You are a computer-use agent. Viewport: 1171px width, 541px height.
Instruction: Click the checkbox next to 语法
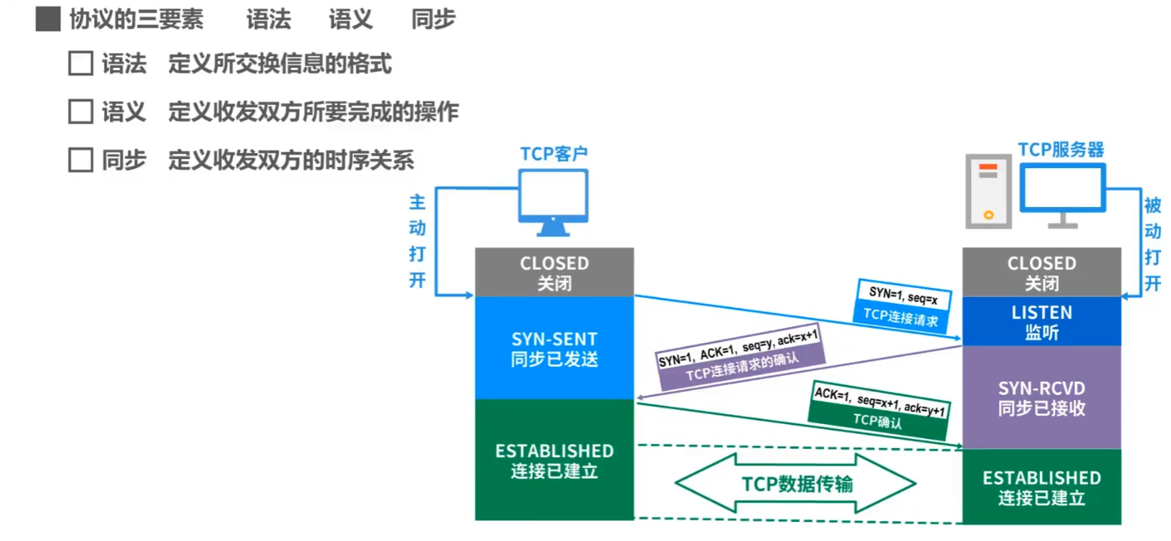point(80,63)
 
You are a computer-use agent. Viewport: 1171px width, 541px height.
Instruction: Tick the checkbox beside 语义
point(80,111)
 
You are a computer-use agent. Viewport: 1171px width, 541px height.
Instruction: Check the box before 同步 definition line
point(80,160)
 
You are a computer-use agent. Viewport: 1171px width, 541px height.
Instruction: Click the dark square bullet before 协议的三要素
point(48,19)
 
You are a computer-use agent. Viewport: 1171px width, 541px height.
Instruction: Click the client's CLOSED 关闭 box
point(554,272)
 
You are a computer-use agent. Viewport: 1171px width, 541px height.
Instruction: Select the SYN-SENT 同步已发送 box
point(554,348)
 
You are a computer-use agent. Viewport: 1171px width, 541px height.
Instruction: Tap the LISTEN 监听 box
point(1041,322)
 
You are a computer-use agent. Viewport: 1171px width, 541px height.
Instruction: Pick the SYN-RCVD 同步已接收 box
point(1041,398)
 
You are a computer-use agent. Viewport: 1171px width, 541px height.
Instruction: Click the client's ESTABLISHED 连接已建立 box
point(554,460)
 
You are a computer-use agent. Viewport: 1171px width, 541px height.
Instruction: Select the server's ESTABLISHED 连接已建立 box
point(1041,487)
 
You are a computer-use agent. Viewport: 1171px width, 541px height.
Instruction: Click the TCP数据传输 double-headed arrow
point(796,484)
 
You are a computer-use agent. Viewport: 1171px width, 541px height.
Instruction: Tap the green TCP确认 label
point(878,420)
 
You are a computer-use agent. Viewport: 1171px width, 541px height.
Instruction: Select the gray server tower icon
point(989,191)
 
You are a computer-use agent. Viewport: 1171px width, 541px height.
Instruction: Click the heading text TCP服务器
point(1061,150)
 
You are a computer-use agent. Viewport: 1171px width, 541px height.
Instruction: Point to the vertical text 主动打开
point(417,241)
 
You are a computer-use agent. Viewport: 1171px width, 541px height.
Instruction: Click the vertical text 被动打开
point(1152,245)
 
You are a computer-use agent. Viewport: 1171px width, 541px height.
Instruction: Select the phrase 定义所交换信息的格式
point(280,64)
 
